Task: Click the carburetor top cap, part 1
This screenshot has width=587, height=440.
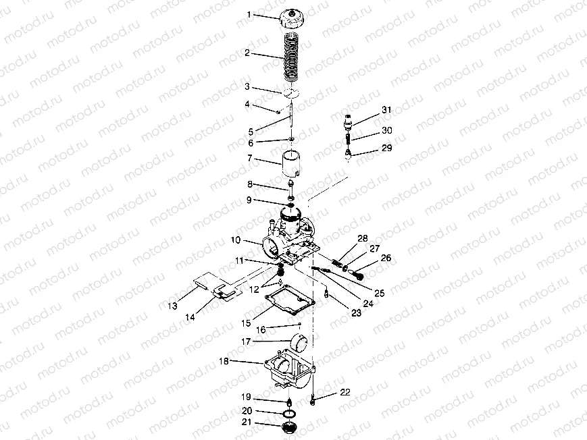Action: pos(292,19)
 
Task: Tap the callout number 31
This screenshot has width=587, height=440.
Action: pos(386,109)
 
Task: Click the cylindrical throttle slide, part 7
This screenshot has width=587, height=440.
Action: pos(292,163)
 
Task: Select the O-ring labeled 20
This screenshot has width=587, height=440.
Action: pos(289,414)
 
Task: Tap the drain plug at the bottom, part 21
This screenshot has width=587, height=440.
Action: pos(288,427)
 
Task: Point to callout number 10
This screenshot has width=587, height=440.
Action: pos(236,240)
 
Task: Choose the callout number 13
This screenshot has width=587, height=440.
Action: pos(172,306)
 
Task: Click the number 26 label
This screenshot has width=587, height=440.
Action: pos(386,258)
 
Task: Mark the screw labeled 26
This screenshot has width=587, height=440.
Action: pos(358,273)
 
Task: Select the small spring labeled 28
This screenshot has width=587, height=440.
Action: pos(337,262)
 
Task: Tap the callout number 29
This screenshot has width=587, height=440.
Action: pos(386,148)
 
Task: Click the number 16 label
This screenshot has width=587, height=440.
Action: pos(261,329)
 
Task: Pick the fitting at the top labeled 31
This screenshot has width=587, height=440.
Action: pos(348,121)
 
